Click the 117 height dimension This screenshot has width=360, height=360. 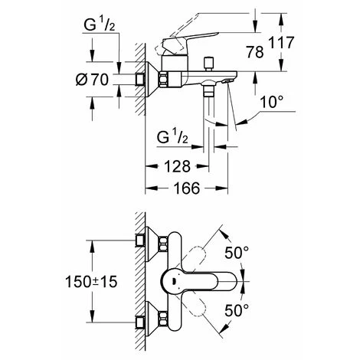pos(281,42)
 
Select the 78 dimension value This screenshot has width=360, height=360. pos(255,52)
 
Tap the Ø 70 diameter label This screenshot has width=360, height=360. pos(92,80)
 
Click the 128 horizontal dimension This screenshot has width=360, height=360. pos(178,166)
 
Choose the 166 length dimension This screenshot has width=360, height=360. pos(187,188)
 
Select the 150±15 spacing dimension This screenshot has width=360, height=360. pos(91,282)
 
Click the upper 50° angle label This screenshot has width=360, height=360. pos(237,253)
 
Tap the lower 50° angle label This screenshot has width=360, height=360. pos(237,310)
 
